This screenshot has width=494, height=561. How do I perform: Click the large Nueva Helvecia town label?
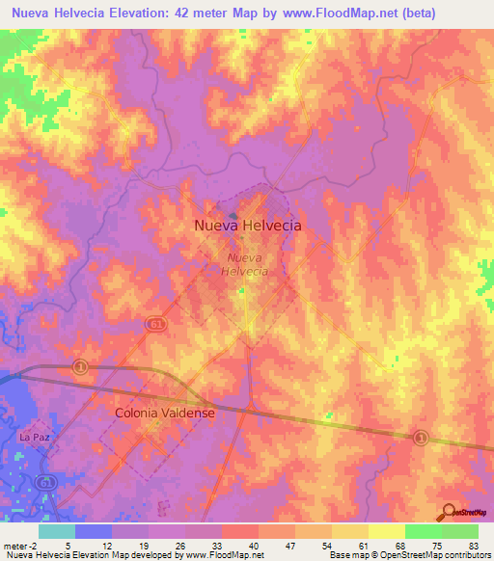(247, 226)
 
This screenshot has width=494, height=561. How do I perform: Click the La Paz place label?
(34, 438)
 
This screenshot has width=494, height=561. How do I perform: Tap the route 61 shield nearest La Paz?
(43, 481)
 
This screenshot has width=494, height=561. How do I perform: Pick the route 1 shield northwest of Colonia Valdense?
(81, 366)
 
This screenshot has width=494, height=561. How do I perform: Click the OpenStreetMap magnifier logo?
(450, 512)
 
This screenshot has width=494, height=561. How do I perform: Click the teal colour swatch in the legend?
(57, 531)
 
